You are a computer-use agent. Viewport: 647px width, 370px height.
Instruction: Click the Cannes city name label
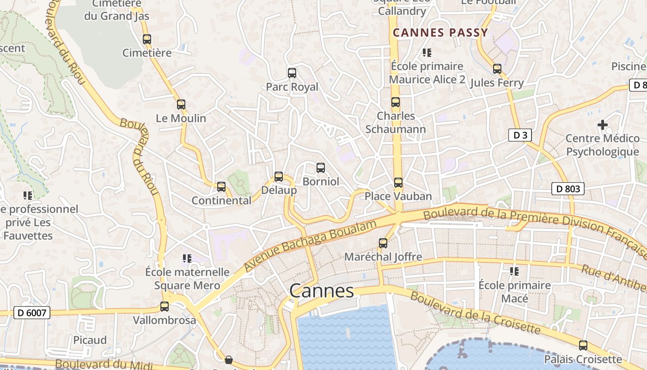pos(322,291)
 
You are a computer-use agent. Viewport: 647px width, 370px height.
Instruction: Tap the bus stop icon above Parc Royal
pos(292,73)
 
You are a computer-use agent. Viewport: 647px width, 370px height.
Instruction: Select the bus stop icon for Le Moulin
pos(181,105)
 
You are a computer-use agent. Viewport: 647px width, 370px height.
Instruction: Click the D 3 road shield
pos(520,135)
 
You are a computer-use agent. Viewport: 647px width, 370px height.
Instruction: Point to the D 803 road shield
pos(568,189)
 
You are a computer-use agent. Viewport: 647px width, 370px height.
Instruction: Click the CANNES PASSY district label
pos(440,32)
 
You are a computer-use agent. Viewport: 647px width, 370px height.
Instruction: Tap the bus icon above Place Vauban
pos(398,183)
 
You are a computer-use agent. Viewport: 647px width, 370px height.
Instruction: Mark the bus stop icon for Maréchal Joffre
pos(383,243)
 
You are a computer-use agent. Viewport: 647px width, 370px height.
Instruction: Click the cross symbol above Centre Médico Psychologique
pos(603,124)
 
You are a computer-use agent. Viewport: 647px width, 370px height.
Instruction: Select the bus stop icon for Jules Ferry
pos(497,69)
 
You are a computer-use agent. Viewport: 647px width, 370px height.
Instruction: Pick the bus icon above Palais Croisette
pos(583,345)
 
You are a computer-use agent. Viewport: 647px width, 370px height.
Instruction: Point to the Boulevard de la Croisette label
pos(475,312)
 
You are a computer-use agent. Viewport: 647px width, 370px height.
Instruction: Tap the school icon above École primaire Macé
pos(514,271)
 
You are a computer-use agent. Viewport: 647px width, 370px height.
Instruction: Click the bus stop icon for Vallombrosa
pos(165,306)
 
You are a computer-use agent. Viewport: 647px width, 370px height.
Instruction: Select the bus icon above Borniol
pos(321,167)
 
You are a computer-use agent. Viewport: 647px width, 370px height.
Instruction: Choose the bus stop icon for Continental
pos(221,187)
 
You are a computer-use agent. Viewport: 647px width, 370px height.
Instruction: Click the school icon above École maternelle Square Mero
pos(187,258)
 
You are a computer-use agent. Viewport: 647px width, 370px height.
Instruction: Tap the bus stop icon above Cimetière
pos(147,39)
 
